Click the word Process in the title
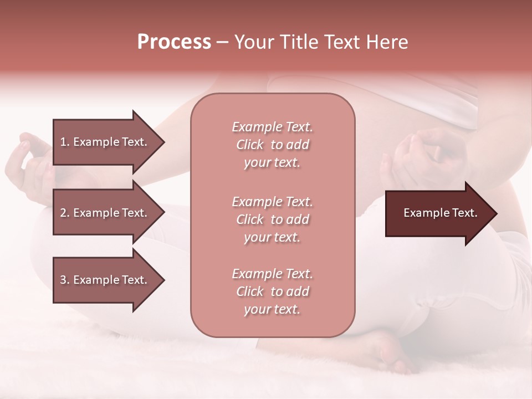pos(174,42)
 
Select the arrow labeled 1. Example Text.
pos(105,142)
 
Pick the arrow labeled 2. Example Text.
pos(105,213)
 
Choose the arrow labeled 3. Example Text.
pos(105,280)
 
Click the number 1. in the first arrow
pos(64,142)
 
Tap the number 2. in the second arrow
pos(64,213)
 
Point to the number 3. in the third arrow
pos(64,280)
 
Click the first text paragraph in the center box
pos(272,145)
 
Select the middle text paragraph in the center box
pos(272,219)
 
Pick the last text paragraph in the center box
pos(272,291)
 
